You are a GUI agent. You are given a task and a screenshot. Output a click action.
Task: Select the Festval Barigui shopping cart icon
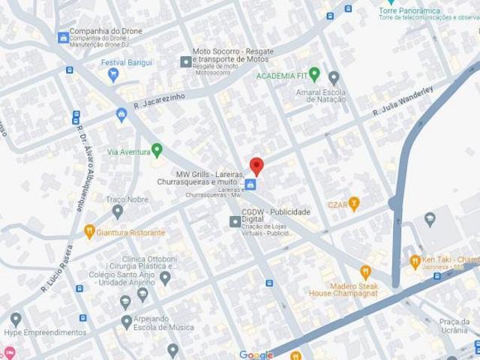pos(112,74)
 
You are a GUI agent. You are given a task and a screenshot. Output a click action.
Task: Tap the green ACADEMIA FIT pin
pos(315,74)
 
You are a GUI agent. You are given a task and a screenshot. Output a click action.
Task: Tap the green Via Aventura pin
pos(157,151)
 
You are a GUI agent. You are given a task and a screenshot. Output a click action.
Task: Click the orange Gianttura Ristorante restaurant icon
pos(88,232)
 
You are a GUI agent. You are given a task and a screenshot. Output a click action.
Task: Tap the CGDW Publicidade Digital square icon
pos(233,220)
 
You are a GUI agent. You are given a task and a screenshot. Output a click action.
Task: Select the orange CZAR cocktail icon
pos(355,202)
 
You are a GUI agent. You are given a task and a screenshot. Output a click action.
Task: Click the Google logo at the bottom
pos(256,354)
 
